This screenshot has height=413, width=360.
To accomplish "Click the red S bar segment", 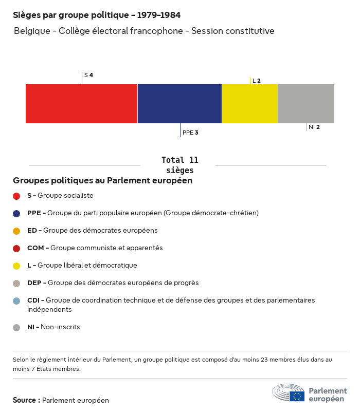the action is click(81, 104).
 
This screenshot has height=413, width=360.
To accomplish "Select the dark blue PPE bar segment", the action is click(179, 104).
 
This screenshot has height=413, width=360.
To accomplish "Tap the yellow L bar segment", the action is click(250, 104).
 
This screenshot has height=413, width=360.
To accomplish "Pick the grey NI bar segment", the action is click(306, 104).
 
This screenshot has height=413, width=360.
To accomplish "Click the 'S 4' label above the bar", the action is click(88, 75).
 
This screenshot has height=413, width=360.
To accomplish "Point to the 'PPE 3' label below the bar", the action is click(190, 133).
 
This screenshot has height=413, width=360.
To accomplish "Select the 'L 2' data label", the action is click(257, 81).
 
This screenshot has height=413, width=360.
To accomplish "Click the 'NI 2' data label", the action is click(314, 127).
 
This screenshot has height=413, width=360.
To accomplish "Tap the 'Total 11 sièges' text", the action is click(180, 165).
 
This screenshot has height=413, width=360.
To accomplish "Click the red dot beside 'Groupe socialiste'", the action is click(16, 196).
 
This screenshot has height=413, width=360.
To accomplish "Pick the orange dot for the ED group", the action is click(16, 231).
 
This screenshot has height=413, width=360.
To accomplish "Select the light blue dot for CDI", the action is click(16, 301).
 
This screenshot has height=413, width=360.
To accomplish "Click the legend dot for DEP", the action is click(16, 284).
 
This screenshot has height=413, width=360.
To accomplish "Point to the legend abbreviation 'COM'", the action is click(35, 248).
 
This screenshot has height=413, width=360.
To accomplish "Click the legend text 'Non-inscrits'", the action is click(60, 327).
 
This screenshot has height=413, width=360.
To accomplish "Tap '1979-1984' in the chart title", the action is click(159, 15).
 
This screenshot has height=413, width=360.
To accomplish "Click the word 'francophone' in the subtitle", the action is click(156, 31).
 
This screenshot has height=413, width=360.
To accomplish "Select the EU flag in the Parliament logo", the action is click(297, 396).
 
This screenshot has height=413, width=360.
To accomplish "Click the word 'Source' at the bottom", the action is click(24, 400).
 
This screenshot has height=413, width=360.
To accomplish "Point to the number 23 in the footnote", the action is click(264, 360).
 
